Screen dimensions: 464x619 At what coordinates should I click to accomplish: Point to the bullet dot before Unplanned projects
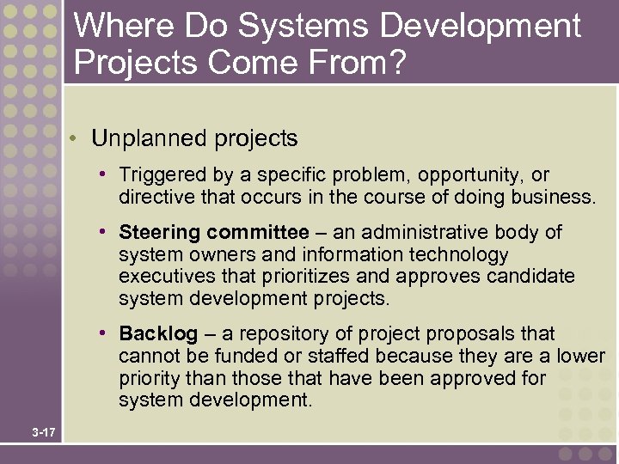click(x=76, y=139)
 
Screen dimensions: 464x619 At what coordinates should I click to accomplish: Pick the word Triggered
click(x=163, y=176)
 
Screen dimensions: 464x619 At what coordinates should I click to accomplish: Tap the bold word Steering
click(x=160, y=233)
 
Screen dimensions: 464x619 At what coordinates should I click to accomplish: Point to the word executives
click(x=162, y=278)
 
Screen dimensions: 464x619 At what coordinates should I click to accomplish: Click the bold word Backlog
click(x=158, y=334)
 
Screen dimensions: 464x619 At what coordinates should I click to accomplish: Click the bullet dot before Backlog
click(x=102, y=333)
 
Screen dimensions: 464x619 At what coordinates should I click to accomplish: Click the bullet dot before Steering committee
click(x=102, y=232)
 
